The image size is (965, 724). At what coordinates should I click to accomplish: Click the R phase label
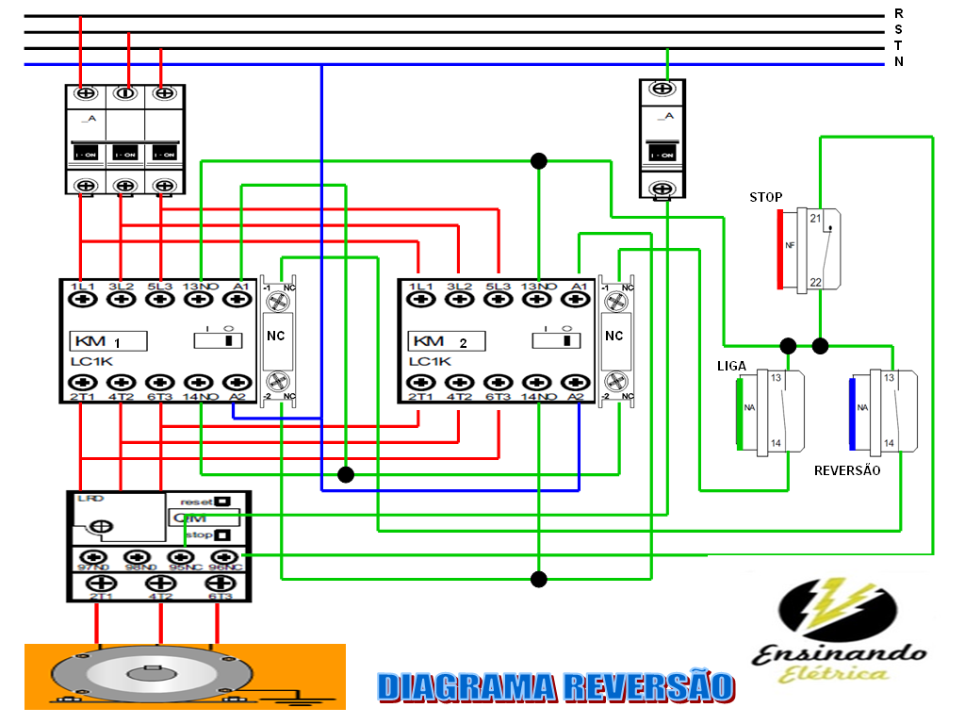(898, 13)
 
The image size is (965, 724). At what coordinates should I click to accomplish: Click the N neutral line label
(898, 62)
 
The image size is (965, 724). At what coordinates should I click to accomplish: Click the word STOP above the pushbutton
(765, 197)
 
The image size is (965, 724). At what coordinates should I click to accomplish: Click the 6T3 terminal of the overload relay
(220, 584)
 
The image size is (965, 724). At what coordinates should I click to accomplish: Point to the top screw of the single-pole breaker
(662, 89)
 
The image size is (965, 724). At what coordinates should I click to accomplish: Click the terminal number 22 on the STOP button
(815, 283)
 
